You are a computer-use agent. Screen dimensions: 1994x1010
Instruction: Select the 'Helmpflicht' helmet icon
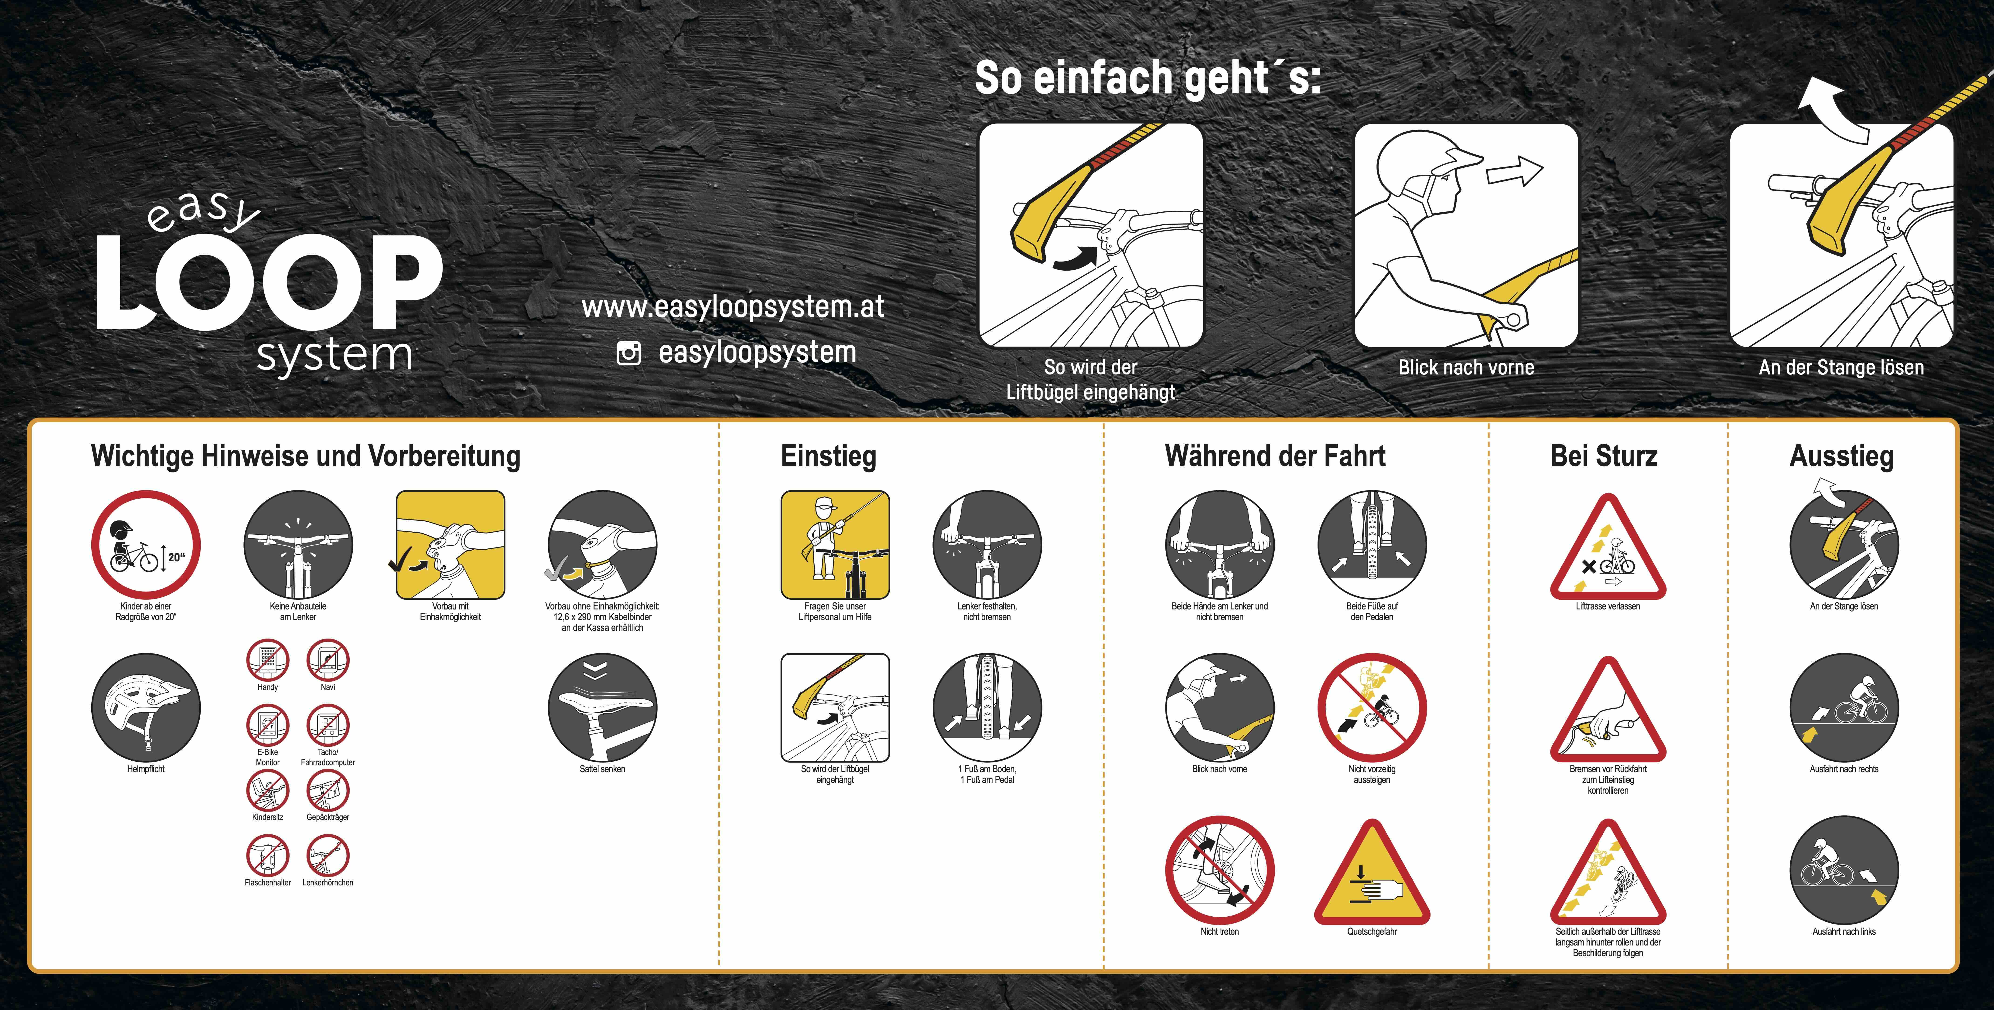146,707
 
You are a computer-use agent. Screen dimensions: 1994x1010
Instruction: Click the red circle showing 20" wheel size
146,545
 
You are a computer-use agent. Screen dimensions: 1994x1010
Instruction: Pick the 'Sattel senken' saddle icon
602,707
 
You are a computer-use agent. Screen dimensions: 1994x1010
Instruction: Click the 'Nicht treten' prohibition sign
1220,870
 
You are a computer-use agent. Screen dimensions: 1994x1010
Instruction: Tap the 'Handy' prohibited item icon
268,660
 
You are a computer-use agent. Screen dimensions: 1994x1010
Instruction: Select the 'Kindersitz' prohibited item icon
268,791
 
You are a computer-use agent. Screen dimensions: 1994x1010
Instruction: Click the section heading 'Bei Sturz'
1604,456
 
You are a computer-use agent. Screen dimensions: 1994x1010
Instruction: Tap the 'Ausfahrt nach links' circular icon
1844,870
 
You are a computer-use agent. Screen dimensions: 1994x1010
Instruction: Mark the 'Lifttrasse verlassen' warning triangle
1608,548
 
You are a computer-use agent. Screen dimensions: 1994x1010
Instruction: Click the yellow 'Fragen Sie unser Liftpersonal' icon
835,545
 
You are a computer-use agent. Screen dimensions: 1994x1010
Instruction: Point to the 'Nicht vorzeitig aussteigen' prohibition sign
1372,707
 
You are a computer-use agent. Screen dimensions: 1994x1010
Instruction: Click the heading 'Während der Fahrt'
1275,456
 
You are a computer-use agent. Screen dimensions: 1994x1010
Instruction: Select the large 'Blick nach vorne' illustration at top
1466,235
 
